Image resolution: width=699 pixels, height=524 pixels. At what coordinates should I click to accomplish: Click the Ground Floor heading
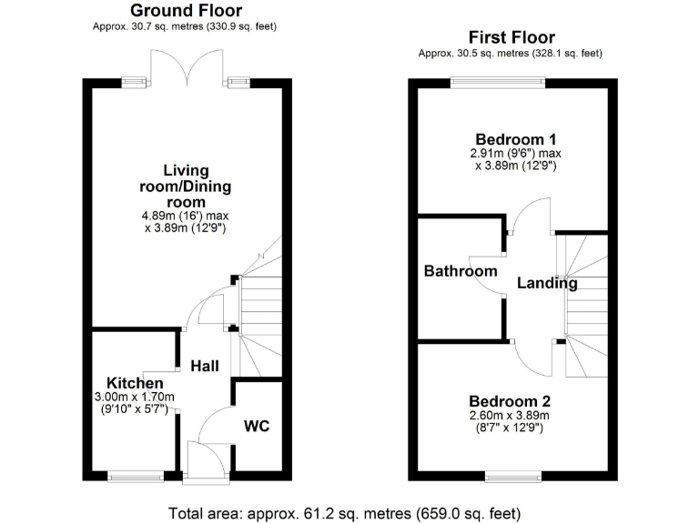[x=186, y=11]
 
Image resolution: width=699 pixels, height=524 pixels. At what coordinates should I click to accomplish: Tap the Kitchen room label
[x=135, y=383]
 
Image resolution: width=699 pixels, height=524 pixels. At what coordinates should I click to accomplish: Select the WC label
[x=258, y=426]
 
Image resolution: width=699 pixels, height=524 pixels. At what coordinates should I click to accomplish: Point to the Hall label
[x=204, y=366]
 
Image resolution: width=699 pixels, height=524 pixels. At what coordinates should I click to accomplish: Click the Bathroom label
[x=461, y=271]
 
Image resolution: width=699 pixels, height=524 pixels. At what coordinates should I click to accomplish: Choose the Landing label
[x=547, y=283]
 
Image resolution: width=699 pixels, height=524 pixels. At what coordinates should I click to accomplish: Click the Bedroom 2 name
[x=510, y=400]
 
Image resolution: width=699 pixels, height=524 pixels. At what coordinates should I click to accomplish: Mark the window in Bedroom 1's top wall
[x=498, y=83]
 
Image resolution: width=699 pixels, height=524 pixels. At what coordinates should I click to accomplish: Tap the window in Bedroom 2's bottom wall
[x=511, y=475]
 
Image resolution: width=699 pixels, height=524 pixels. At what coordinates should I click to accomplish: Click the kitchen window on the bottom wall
[x=133, y=475]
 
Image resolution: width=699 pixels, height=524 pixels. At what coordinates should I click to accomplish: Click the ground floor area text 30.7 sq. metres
[x=185, y=27]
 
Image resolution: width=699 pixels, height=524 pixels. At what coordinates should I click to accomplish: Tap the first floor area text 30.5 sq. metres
[x=510, y=54]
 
